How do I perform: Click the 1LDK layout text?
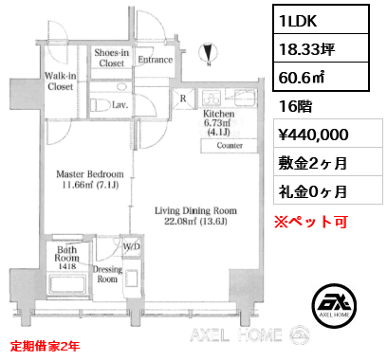pyautogui.click(x=298, y=21)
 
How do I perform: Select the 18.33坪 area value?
pyautogui.click(x=306, y=49)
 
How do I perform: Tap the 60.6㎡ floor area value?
pyautogui.click(x=302, y=78)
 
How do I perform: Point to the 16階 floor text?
pyautogui.click(x=295, y=106)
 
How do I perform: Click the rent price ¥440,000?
pyautogui.click(x=313, y=135)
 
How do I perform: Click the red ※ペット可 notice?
pyautogui.click(x=311, y=222)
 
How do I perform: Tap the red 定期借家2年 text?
pyautogui.click(x=45, y=346)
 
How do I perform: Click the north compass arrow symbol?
pyautogui.click(x=208, y=53)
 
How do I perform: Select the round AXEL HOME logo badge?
pyautogui.click(x=334, y=306)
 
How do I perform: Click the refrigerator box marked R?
pyautogui.click(x=183, y=99)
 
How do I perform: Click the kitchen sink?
pyautogui.click(x=245, y=98)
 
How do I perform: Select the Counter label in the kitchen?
pyautogui.click(x=230, y=145)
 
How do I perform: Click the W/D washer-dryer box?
pyautogui.click(x=131, y=246)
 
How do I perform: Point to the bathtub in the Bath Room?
pyautogui.click(x=66, y=285)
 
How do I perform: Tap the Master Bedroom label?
pyautogui.click(x=90, y=174)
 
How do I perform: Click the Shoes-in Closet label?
pyautogui.click(x=112, y=58)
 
